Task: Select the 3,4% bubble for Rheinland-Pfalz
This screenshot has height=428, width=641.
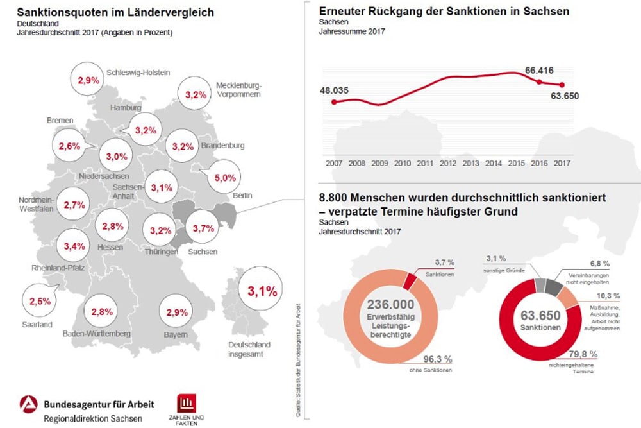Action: pos(74,246)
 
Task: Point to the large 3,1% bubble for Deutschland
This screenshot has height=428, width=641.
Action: pos(262,291)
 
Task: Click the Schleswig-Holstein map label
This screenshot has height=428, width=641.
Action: pos(138,73)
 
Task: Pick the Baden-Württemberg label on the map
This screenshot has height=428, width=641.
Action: pos(97,334)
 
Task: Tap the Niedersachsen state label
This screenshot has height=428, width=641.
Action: pos(104,176)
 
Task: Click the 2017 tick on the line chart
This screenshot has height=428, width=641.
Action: pos(562,163)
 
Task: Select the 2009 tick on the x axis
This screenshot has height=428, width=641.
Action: pos(379,163)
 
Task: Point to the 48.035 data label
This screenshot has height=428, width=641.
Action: pos(334,90)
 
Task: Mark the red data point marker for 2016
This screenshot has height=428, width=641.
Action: pos(539,81)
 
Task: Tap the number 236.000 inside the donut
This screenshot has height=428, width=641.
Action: pos(391,305)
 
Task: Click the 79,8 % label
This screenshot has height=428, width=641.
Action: pos(583,354)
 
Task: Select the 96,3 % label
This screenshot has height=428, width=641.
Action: pos(438,359)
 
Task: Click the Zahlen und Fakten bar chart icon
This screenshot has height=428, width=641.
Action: pos(188,403)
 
